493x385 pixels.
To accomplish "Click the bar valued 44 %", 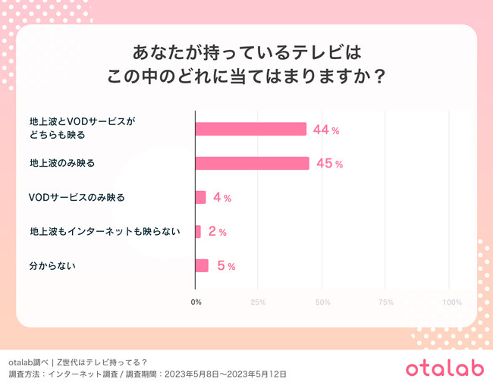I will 250,130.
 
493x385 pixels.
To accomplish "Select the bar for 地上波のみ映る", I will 252,164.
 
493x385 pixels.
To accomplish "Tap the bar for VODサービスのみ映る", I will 200,197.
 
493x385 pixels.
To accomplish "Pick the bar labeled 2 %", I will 198,231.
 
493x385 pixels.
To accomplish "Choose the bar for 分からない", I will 202,265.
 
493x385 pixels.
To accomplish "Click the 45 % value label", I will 329,164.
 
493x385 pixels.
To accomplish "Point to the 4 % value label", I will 222,198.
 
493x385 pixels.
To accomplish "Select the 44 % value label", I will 326,130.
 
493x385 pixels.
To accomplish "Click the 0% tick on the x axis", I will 196,302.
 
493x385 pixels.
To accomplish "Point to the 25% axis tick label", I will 258,302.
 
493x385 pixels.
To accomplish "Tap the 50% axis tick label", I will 322,302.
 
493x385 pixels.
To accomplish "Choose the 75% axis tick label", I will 385,302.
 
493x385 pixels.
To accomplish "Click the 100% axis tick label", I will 451,302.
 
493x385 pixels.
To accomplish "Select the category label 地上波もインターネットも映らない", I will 105,231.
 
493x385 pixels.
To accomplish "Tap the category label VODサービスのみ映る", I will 76,198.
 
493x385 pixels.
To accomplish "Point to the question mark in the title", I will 372,78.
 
